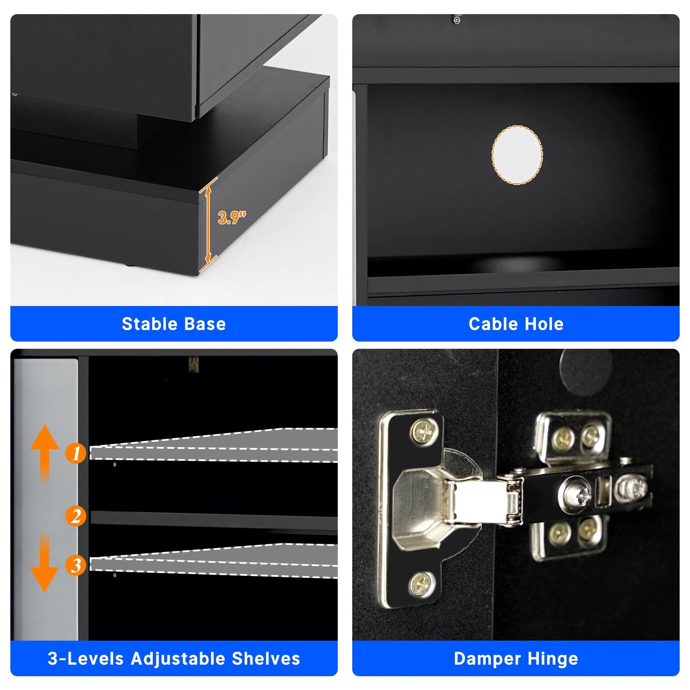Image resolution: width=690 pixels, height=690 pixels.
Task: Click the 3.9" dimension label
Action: [232, 217]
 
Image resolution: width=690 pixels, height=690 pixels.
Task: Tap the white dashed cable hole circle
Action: [517, 155]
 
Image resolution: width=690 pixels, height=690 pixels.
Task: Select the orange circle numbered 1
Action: [76, 453]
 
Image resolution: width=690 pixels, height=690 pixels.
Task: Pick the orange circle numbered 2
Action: [76, 516]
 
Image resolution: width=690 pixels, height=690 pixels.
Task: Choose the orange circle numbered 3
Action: [76, 565]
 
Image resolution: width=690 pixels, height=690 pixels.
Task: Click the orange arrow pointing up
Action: [45, 453]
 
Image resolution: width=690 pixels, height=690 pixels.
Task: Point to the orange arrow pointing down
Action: [44, 562]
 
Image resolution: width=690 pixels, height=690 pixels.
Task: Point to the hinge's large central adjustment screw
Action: [576, 494]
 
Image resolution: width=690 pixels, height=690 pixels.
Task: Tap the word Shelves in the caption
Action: [266, 659]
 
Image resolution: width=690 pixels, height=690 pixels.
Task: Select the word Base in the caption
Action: [206, 324]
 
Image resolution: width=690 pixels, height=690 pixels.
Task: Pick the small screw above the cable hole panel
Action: [456, 20]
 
